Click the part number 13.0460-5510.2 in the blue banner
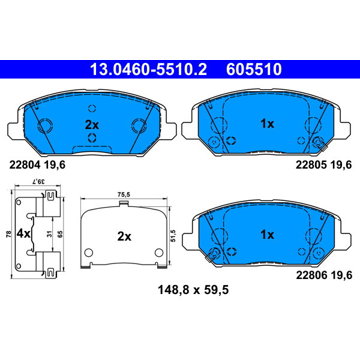click(149, 70)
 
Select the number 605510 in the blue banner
click(254, 70)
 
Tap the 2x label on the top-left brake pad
click(92, 125)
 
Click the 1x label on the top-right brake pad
click(267, 124)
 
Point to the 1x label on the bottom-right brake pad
click(267, 235)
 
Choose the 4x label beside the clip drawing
click(23, 234)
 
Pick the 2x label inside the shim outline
click(124, 237)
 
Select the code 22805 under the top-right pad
click(310, 164)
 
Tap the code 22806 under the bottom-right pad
click(310, 275)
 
